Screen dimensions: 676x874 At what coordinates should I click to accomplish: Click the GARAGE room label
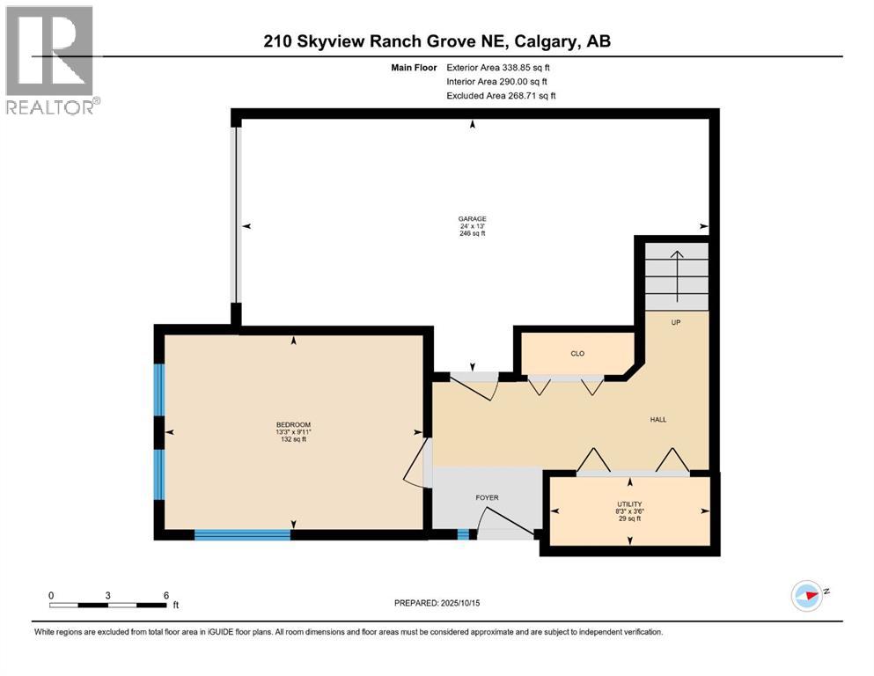[472, 219]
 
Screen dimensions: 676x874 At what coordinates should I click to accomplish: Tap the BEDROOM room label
[293, 425]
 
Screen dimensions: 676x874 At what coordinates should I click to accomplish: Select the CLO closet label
[577, 354]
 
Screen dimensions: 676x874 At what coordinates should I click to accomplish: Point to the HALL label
[657, 420]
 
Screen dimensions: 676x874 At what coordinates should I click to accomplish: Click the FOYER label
[487, 498]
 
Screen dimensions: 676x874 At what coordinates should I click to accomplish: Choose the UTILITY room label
[628, 503]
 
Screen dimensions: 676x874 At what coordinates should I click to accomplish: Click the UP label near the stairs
[676, 322]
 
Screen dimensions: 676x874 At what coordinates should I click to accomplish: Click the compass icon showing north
[806, 596]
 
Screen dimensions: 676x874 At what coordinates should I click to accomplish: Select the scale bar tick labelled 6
[165, 595]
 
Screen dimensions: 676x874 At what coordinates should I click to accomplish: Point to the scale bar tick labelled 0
[51, 595]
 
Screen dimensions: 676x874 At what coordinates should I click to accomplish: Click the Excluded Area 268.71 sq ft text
[501, 95]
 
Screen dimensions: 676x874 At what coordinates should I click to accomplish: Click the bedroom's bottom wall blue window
[242, 534]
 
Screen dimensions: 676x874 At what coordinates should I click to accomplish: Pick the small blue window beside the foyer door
[463, 534]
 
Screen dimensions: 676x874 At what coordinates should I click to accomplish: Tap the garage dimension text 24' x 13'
[472, 226]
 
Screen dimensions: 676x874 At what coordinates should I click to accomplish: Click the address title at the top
[437, 41]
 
